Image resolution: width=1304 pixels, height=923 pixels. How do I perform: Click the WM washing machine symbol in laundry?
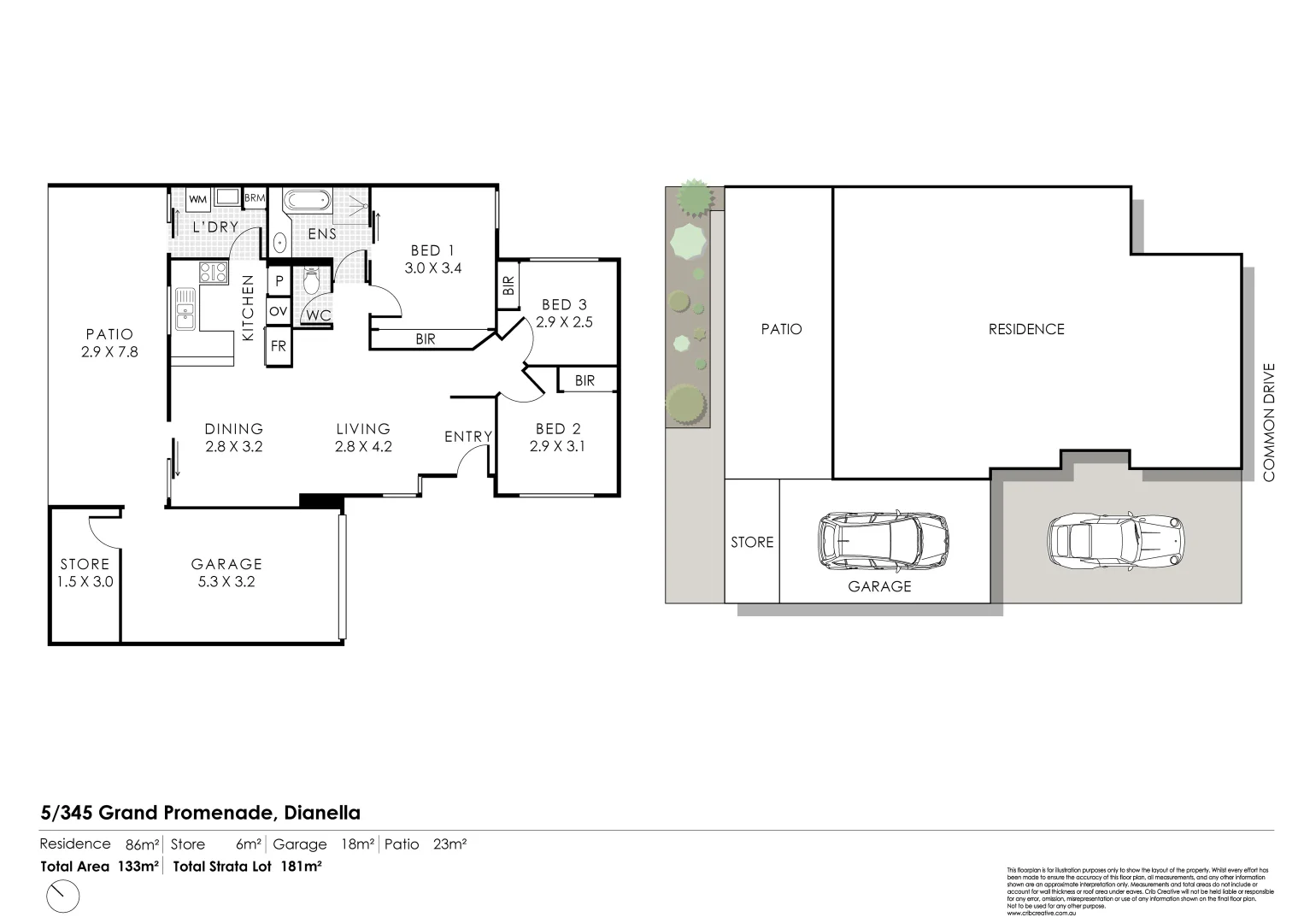(x=197, y=199)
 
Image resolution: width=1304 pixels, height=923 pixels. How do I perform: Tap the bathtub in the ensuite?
(x=307, y=201)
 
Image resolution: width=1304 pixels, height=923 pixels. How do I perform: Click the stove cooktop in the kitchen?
(x=213, y=273)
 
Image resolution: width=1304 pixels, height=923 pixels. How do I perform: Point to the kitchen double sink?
(x=185, y=309)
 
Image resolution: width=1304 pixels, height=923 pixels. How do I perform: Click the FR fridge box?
(x=279, y=347)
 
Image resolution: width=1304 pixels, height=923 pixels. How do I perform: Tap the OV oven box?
(x=279, y=312)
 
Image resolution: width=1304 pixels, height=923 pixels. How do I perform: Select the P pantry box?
(x=279, y=280)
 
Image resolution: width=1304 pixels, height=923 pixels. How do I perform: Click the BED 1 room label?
(x=432, y=250)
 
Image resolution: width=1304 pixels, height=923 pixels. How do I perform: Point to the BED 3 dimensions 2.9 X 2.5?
(x=564, y=322)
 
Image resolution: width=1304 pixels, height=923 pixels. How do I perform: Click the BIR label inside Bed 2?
(x=584, y=380)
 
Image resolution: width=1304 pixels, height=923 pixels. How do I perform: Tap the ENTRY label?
(x=468, y=437)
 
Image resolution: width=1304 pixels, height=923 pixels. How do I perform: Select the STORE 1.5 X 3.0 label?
(x=85, y=573)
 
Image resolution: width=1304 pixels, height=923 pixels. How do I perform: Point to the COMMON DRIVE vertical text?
(x=1269, y=422)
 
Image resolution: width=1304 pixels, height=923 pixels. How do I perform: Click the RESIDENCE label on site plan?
(x=1026, y=329)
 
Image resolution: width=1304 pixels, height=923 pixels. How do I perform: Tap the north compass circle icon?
(x=61, y=897)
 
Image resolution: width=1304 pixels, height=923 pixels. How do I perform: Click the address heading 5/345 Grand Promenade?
(x=201, y=813)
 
